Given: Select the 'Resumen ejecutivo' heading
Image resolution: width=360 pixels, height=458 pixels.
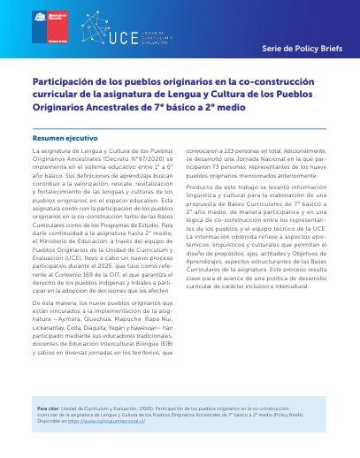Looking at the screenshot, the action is point(65,139).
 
